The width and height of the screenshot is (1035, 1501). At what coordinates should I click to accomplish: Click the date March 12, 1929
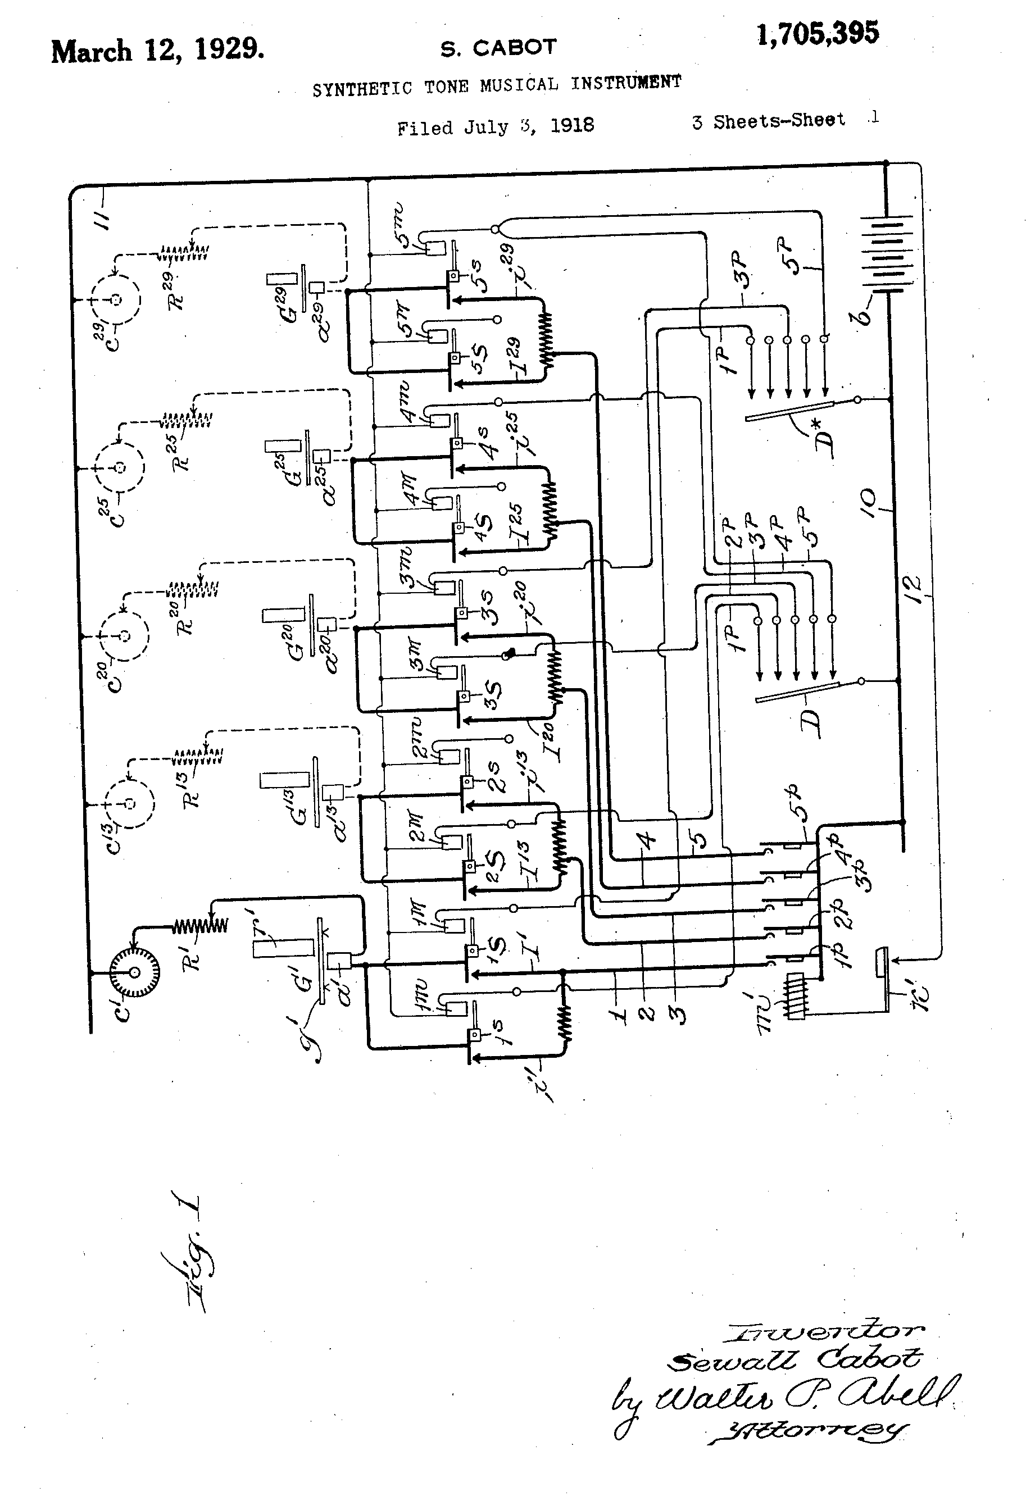point(157,51)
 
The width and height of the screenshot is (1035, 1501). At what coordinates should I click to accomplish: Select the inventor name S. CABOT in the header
point(498,48)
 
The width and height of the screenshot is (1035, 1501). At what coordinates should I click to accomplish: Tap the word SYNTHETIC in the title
point(362,89)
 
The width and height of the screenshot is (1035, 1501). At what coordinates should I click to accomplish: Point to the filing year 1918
point(572,125)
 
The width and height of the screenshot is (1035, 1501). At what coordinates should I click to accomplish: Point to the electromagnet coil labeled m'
point(796,997)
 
